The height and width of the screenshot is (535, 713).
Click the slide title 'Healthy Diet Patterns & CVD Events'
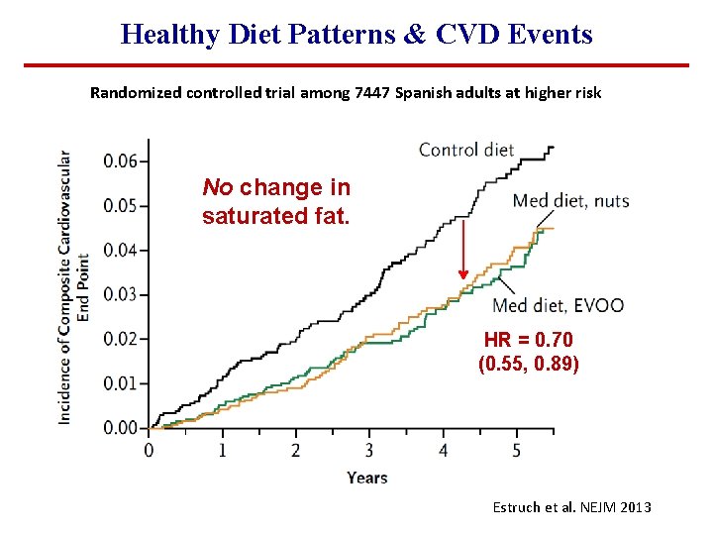pos(356,34)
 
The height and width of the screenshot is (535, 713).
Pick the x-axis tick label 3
pos(369,451)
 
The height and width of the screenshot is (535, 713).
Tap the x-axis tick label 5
pos(516,451)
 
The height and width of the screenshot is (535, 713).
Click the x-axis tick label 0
pos(150,451)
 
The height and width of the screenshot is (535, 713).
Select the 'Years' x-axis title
pos(367,478)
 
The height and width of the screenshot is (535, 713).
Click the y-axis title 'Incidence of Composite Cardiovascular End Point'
pos(74,287)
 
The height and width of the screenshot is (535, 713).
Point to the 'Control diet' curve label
pos(466,150)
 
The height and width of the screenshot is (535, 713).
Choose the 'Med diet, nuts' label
pos(570,201)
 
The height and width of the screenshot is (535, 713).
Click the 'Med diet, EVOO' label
pos(558,304)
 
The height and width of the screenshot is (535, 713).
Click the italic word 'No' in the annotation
pos(217,187)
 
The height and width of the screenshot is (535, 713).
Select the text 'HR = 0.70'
pos(528,340)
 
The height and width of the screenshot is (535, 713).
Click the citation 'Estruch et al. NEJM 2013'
pos(571,506)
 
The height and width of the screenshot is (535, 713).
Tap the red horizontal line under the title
pos(356,65)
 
